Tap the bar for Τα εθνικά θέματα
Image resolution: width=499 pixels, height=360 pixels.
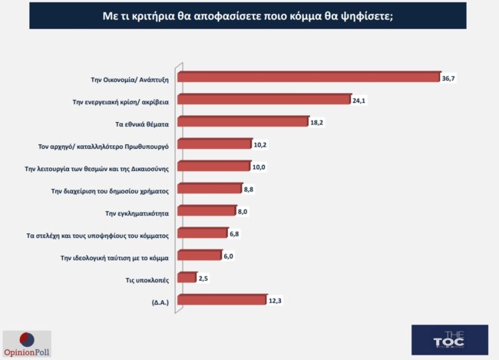pyautogui.click(x=242, y=121)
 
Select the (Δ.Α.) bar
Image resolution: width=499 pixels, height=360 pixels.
pyautogui.click(x=220, y=299)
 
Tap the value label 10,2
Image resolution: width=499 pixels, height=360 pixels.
pyautogui.click(x=261, y=144)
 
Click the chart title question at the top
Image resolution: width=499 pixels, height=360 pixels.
pyautogui.click(x=248, y=15)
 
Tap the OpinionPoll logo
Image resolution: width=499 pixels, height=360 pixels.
pyautogui.click(x=27, y=343)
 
